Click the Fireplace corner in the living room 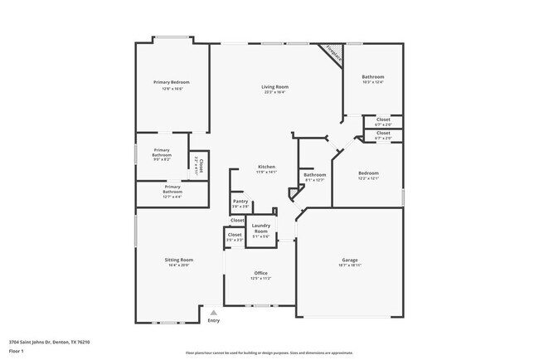click(333, 53)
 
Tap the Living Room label click(274, 87)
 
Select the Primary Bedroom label click(172, 82)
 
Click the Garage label click(350, 260)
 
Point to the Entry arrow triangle click(213, 312)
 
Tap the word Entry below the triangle click(214, 320)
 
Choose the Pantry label click(240, 201)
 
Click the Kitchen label click(266, 167)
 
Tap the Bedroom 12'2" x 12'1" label click(368, 174)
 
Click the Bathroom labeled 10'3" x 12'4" click(372, 77)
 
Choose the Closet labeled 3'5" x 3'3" click(235, 236)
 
